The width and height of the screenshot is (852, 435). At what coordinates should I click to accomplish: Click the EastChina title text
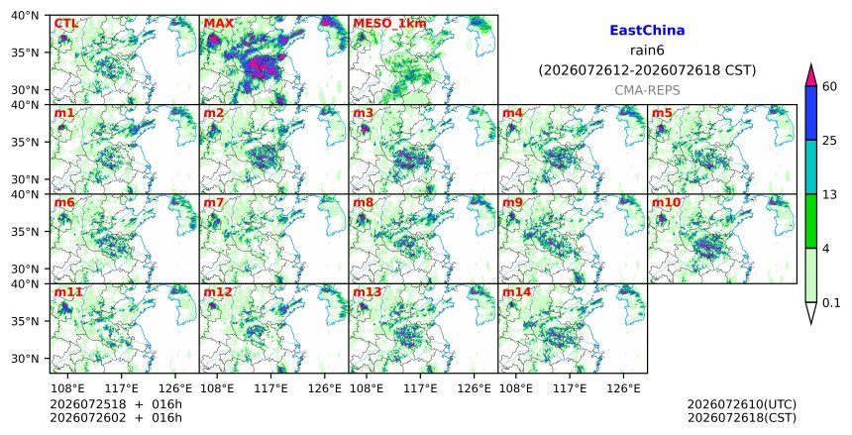click(x=647, y=31)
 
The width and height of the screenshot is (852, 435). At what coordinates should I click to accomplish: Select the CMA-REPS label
click(x=647, y=90)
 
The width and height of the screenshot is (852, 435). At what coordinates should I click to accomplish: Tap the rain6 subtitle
click(x=647, y=51)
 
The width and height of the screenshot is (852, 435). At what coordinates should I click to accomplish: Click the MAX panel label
click(x=218, y=24)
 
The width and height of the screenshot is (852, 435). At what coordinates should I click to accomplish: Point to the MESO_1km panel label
click(x=389, y=24)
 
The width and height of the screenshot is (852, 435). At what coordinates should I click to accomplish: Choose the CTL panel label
click(x=65, y=24)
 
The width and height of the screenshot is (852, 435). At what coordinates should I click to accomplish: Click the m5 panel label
click(x=662, y=113)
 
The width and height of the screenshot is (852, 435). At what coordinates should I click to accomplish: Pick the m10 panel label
click(x=666, y=202)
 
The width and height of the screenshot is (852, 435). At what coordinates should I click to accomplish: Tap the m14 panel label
click(x=516, y=292)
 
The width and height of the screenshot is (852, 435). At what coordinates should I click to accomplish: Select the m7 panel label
click(x=214, y=202)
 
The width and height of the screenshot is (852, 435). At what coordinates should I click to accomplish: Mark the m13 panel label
click(x=367, y=292)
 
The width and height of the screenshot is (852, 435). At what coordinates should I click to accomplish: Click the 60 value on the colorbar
click(x=830, y=86)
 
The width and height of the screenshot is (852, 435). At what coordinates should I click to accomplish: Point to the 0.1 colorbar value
click(x=831, y=303)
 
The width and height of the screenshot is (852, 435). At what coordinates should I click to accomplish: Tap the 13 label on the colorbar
click(x=829, y=194)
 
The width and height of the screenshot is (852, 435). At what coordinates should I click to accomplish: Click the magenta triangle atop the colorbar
click(x=811, y=75)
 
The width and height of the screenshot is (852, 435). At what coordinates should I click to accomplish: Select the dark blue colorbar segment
click(x=811, y=113)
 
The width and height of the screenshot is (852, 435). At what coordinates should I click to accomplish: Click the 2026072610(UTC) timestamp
click(x=742, y=404)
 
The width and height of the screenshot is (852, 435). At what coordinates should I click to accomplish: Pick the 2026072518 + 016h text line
click(x=116, y=404)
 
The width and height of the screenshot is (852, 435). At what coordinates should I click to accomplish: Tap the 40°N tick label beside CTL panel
click(x=25, y=15)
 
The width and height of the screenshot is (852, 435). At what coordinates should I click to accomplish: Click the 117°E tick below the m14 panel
click(x=570, y=388)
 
